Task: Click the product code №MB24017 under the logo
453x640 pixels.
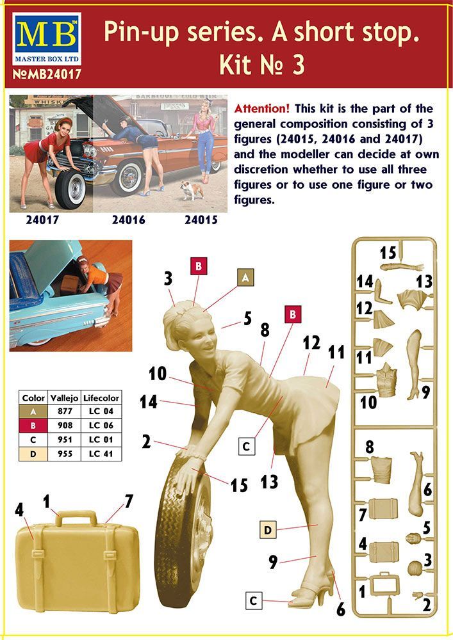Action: coord(47,74)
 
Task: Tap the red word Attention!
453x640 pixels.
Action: coord(262,109)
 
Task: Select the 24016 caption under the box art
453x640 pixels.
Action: coord(129,220)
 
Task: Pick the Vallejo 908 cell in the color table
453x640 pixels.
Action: coord(65,426)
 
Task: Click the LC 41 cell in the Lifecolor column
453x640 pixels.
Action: coord(101,454)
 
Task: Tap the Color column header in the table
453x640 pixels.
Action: coord(33,397)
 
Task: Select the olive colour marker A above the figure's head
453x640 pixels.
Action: coord(245,278)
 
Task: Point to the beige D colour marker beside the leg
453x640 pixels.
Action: coord(268,530)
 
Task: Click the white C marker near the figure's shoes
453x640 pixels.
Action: coord(254,600)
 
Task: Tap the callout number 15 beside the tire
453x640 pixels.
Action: coord(239,485)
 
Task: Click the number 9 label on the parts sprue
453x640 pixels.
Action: coord(425,392)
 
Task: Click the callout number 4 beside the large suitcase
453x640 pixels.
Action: coord(19,510)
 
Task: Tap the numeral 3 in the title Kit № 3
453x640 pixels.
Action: coord(298,65)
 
